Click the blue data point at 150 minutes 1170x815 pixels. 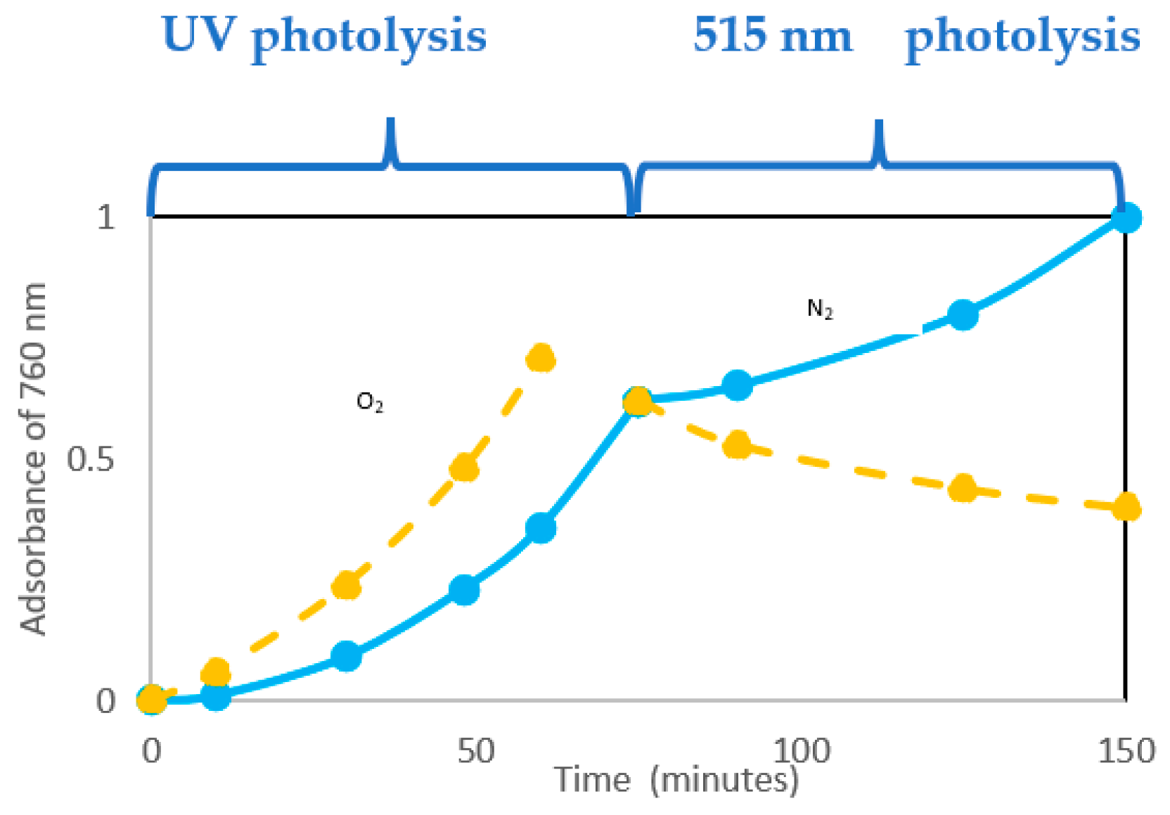(1126, 218)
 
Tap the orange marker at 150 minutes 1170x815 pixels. (1126, 507)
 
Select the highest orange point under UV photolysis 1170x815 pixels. (541, 359)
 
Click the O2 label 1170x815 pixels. (370, 403)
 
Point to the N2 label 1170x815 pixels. (820, 309)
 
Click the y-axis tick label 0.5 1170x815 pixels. (90, 461)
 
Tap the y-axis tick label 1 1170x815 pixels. (105, 217)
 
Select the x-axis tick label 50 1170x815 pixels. (475, 751)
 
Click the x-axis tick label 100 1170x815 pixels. (801, 751)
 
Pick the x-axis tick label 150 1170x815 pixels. (1126, 751)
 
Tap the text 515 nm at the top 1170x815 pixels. (772, 35)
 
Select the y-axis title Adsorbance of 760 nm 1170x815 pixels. (32, 458)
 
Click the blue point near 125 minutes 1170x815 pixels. (963, 314)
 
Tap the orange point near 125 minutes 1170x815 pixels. (963, 488)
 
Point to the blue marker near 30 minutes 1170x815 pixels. (346, 656)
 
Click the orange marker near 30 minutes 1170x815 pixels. (346, 585)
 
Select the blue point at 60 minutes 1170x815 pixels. (541, 527)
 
